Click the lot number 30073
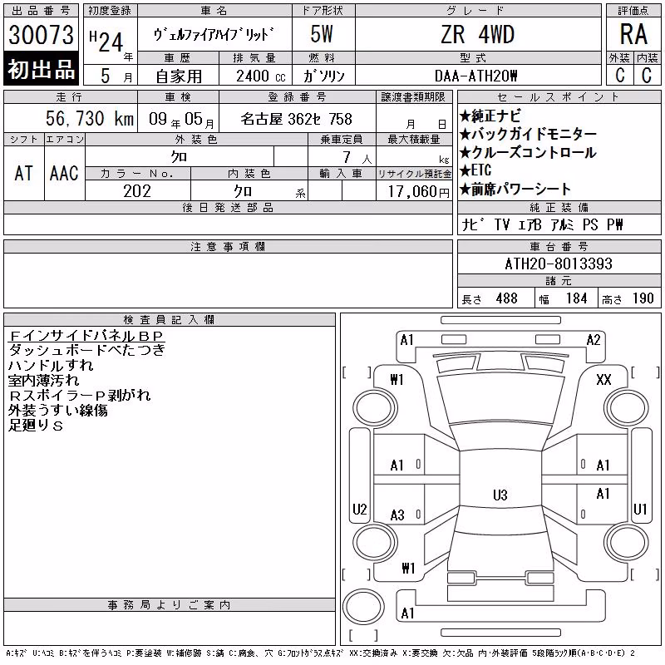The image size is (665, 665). (41, 35)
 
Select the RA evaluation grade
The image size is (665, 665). (633, 34)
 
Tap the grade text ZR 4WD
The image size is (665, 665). (477, 35)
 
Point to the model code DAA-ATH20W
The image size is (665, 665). (475, 76)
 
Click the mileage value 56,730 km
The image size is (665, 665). (90, 119)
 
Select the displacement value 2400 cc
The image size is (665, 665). (260, 76)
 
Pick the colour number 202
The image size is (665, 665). (137, 191)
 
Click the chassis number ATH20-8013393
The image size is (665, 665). (559, 264)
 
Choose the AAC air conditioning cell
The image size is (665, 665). (64, 173)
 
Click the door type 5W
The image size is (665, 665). (322, 34)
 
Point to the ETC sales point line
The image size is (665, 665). (475, 170)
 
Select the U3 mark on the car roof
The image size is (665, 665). (500, 495)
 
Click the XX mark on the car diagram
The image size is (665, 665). (603, 380)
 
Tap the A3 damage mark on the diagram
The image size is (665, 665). (397, 515)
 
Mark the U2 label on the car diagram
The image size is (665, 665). (360, 509)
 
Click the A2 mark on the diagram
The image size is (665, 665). (594, 340)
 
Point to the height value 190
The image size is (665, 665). (643, 298)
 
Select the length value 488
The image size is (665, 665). (506, 298)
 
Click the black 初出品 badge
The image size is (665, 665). (41, 69)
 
